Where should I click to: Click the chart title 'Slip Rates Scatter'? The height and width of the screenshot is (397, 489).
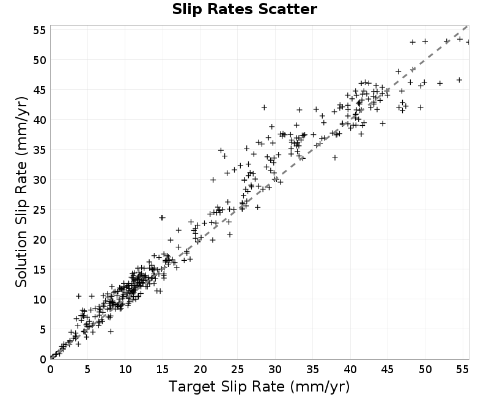click(x=244, y=9)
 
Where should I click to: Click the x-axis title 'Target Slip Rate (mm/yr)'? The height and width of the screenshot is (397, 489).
click(x=259, y=387)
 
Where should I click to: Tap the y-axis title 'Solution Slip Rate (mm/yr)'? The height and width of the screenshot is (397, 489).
click(x=21, y=192)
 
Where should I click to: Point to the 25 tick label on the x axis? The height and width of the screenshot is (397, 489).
click(x=237, y=370)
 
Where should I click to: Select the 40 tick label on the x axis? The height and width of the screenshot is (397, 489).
click(x=350, y=370)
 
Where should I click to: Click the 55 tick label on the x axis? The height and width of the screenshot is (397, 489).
click(x=463, y=370)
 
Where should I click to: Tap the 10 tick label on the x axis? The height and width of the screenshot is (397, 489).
click(x=125, y=370)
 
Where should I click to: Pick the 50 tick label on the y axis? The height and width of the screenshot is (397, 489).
click(x=40, y=60)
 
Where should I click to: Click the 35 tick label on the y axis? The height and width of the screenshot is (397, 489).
click(x=40, y=150)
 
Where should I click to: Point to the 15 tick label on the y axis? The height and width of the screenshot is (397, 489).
click(x=40, y=269)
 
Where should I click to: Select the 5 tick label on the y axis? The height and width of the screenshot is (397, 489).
click(x=43, y=329)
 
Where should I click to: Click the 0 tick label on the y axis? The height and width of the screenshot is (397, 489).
click(x=43, y=359)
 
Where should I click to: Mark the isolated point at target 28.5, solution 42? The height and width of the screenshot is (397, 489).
click(x=264, y=107)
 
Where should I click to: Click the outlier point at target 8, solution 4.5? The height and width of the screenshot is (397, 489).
click(x=111, y=331)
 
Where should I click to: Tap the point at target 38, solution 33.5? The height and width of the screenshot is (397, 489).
click(x=335, y=158)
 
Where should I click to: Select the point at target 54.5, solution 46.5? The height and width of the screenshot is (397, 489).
click(x=459, y=80)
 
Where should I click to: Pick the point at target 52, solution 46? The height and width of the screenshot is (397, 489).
click(x=439, y=83)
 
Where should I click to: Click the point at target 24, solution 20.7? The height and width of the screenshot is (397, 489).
click(x=230, y=235)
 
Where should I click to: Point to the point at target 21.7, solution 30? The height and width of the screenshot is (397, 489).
click(x=213, y=180)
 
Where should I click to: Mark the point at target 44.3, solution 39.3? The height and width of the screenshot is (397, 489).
click(x=383, y=123)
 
